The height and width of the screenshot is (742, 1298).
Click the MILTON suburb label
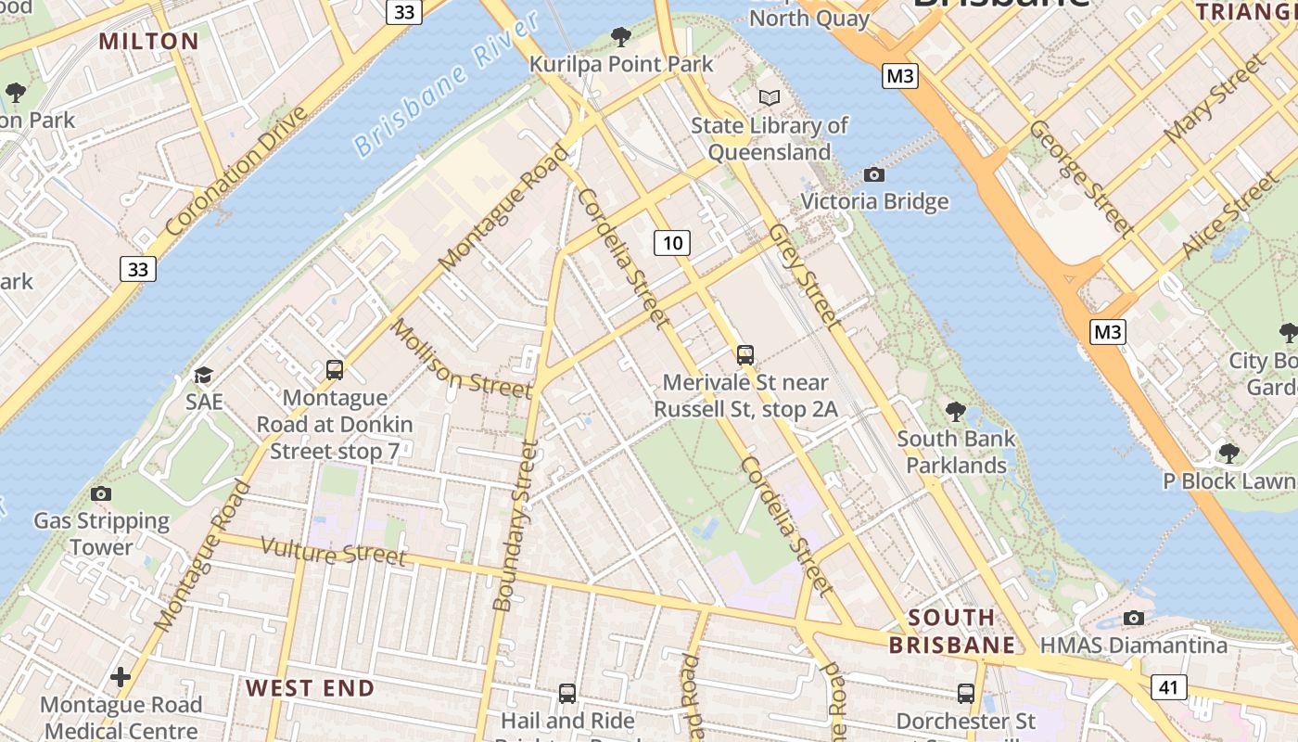[x=148, y=41]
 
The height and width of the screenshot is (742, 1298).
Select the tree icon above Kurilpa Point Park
[x=621, y=37]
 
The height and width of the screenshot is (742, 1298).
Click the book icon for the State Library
[x=770, y=96]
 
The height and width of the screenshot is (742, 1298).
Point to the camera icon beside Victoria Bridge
[x=873, y=174]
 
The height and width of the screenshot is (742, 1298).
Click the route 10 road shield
[x=672, y=243]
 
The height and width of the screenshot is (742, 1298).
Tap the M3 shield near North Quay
[x=900, y=76]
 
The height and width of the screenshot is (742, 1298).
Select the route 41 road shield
[x=1169, y=687]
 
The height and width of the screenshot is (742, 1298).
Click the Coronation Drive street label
[x=236, y=171]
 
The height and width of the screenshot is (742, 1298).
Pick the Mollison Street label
[x=460, y=359]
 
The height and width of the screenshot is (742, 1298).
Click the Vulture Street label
[x=333, y=551]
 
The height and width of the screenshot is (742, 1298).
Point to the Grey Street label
[x=804, y=275]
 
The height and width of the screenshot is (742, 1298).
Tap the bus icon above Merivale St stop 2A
[x=744, y=354]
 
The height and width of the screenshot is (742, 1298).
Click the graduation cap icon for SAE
[x=203, y=375]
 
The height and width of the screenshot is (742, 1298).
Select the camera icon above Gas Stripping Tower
[x=101, y=494]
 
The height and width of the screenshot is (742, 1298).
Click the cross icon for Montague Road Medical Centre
[x=121, y=677]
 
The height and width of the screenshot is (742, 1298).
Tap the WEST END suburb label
[x=310, y=688]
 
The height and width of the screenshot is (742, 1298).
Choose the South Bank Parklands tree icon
[x=955, y=411]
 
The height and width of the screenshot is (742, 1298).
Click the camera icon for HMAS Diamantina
[x=1133, y=618]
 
